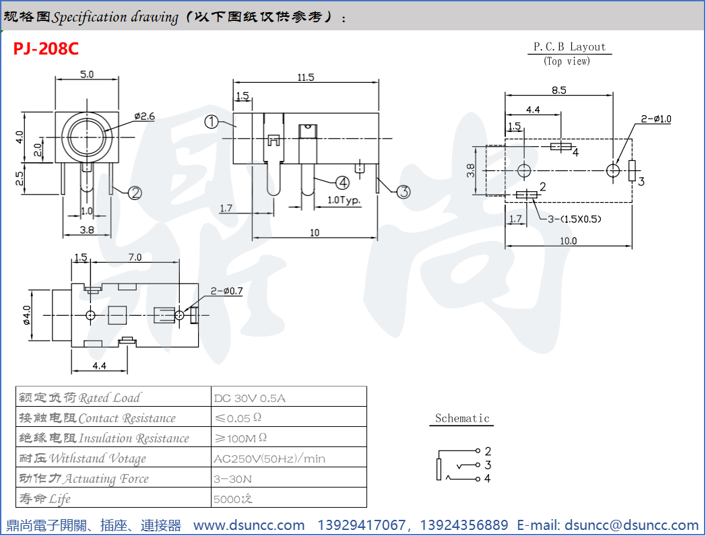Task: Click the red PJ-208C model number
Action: [x=46, y=49]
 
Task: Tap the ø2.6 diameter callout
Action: [x=144, y=116]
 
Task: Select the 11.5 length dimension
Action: [x=306, y=77]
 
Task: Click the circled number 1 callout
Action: [x=212, y=122]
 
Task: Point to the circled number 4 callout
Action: [x=342, y=182]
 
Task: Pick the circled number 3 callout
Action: [x=403, y=192]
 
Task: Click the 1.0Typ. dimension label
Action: [x=344, y=200]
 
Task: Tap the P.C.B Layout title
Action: [x=569, y=46]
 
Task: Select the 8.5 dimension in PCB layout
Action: [x=558, y=89]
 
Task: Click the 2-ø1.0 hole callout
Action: [x=656, y=119]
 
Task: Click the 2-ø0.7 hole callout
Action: [x=226, y=291]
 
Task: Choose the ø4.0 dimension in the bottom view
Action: [x=28, y=315]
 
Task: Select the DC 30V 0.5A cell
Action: [x=249, y=398]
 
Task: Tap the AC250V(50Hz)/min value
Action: [x=269, y=459]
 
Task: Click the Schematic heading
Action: [x=462, y=418]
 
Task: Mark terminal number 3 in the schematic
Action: [x=487, y=465]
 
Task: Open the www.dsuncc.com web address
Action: [x=249, y=525]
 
